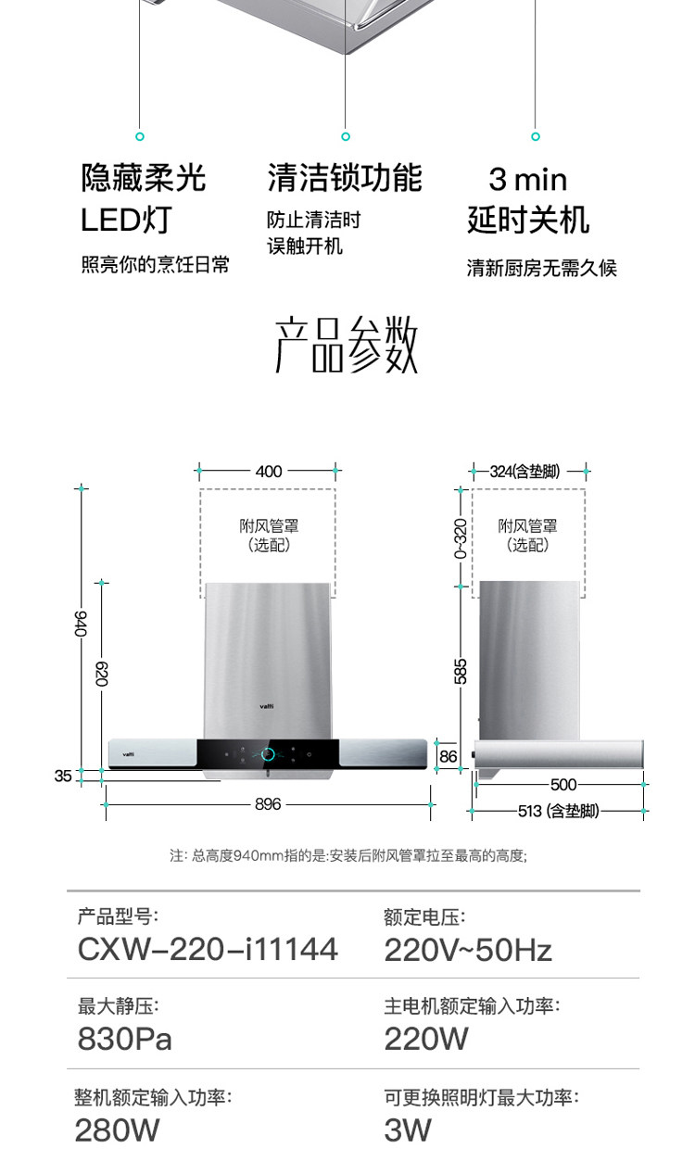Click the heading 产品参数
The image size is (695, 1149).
pyautogui.click(x=347, y=345)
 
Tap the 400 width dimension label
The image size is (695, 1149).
pyautogui.click(x=269, y=472)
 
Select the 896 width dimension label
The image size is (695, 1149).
pyautogui.click(x=268, y=804)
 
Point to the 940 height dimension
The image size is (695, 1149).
pyautogui.click(x=82, y=624)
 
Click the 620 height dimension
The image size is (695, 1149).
pyautogui.click(x=102, y=674)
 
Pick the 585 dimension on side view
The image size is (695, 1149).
pyautogui.click(x=461, y=671)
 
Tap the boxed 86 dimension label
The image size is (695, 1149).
pyautogui.click(x=449, y=756)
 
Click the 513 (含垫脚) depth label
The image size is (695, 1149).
pyautogui.click(x=558, y=811)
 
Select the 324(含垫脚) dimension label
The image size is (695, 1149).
pyautogui.click(x=525, y=472)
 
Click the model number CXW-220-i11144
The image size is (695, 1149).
pyautogui.click(x=208, y=949)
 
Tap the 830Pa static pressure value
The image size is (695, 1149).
pyautogui.click(x=125, y=1039)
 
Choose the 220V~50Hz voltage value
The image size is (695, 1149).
pyautogui.click(x=468, y=949)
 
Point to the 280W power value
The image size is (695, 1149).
pyautogui.click(x=118, y=1130)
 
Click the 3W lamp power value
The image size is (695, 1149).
pyautogui.click(x=408, y=1130)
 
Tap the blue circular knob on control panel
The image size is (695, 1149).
pyautogui.click(x=268, y=754)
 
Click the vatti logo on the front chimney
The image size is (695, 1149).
pyautogui.click(x=267, y=706)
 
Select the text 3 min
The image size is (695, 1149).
pyautogui.click(x=527, y=179)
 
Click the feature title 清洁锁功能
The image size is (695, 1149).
pyautogui.click(x=345, y=177)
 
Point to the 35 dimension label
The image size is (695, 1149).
pyautogui.click(x=63, y=777)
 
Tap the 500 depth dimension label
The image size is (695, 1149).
pyautogui.click(x=563, y=785)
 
